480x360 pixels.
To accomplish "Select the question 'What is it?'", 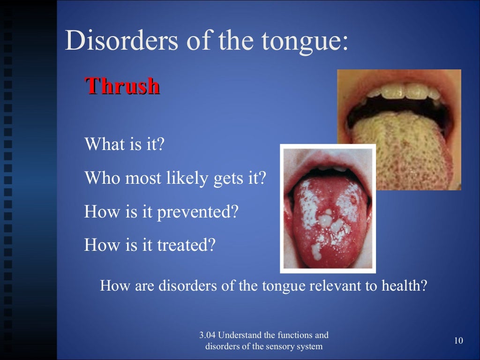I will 124,144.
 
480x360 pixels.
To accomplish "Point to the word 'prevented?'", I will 197,212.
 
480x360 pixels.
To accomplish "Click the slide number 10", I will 458,341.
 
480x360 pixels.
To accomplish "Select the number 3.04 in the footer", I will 207,335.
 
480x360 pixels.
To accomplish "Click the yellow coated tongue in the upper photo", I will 403,150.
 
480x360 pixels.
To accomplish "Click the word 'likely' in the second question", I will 184,178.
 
